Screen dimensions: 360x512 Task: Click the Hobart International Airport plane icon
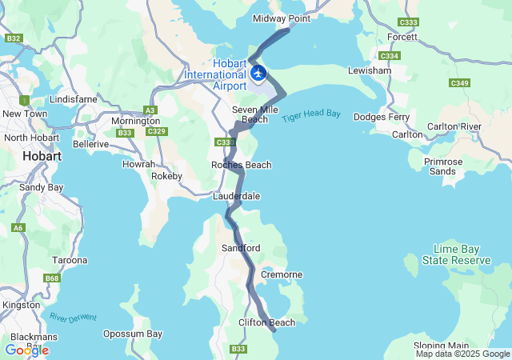pyautogui.click(x=258, y=72)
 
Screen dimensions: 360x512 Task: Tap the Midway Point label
pyautogui.click(x=281, y=18)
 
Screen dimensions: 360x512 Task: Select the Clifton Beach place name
pyautogui.click(x=266, y=322)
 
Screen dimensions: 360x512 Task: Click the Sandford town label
pyautogui.click(x=241, y=249)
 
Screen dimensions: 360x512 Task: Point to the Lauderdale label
pyautogui.click(x=236, y=196)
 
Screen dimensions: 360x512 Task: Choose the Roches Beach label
pyautogui.click(x=241, y=165)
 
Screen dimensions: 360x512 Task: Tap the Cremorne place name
pyautogui.click(x=282, y=274)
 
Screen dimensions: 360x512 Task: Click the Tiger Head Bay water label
pyautogui.click(x=310, y=115)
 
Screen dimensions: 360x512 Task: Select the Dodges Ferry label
pyautogui.click(x=382, y=118)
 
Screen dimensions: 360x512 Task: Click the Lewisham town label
pyautogui.click(x=370, y=70)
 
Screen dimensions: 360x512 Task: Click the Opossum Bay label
pyautogui.click(x=133, y=334)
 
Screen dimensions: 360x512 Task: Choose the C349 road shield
pyautogui.click(x=459, y=82)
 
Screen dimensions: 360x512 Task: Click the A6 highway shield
pyautogui.click(x=18, y=229)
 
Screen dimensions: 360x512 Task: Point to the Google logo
pyautogui.click(x=26, y=350)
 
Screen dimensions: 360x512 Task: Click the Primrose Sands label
pyautogui.click(x=443, y=166)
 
